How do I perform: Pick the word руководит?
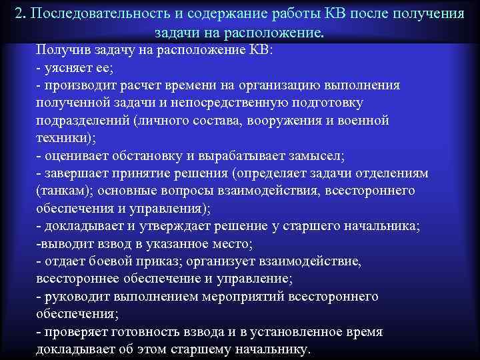76,296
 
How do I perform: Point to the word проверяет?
77,331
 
